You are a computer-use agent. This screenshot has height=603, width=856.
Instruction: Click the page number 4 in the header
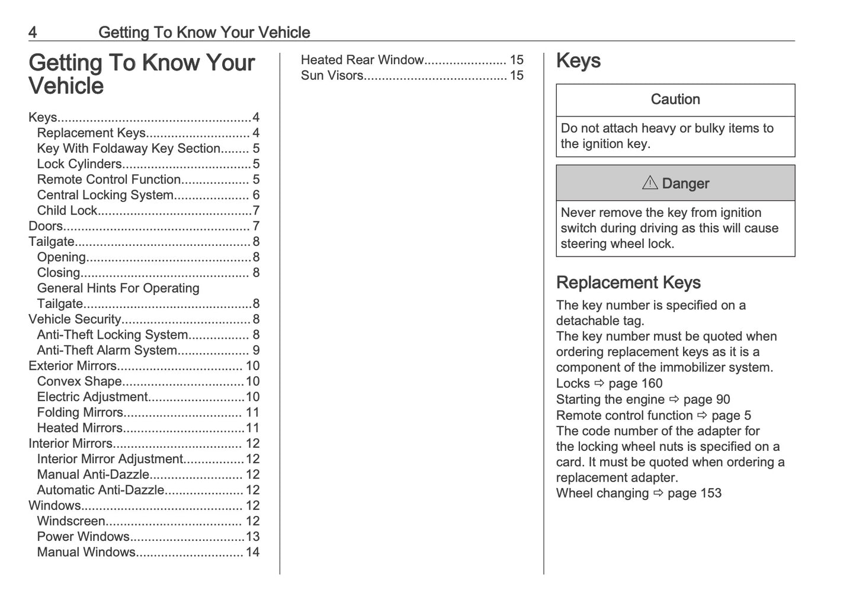33,33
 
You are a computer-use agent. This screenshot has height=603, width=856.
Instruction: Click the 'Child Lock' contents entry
67,211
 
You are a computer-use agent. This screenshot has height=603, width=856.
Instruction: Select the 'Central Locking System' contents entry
105,195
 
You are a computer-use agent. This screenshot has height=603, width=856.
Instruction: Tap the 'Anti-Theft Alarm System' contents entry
107,351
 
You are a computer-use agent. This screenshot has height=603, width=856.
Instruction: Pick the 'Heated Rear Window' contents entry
362,60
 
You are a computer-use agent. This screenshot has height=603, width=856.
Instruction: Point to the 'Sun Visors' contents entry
332,76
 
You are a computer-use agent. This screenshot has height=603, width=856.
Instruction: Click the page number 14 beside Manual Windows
252,553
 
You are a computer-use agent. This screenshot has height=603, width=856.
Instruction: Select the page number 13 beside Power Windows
252,537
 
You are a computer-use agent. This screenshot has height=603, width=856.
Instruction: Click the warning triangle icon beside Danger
650,183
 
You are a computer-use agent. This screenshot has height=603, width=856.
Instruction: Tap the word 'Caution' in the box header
675,100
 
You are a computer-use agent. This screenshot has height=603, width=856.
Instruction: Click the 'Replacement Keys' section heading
628,283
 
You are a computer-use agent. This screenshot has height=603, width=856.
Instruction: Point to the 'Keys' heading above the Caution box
578,61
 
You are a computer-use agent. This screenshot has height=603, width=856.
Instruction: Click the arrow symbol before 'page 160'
599,384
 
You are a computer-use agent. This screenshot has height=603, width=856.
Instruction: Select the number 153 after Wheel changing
710,493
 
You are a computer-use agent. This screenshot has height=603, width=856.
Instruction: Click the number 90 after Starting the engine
723,400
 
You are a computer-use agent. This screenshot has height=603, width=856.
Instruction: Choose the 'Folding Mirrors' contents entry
80,413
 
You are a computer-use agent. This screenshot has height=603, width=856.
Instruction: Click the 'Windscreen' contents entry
71,521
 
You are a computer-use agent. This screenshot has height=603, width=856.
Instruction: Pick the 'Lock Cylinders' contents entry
79,164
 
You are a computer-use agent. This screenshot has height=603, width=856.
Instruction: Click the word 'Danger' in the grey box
685,184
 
